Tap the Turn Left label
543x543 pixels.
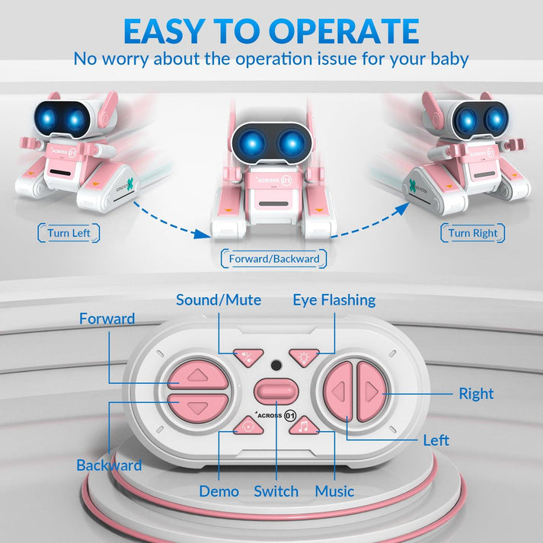[x=69, y=233]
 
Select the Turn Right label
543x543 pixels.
[x=472, y=233]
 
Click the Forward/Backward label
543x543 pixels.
[x=274, y=259]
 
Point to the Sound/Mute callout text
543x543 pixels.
[x=219, y=300]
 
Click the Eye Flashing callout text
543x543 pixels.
[x=334, y=300]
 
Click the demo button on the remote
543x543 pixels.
[x=248, y=427]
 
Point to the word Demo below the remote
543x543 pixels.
[x=219, y=491]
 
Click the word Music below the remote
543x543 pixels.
[x=334, y=491]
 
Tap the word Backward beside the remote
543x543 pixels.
[x=109, y=465]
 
